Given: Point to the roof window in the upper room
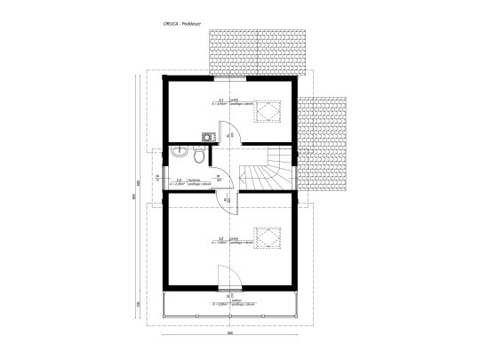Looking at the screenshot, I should (264, 108).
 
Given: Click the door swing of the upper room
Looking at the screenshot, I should (224, 130).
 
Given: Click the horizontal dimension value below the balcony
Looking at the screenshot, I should (229, 334).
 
